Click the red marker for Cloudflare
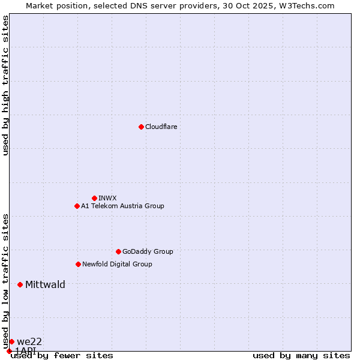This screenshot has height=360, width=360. tap(141, 127)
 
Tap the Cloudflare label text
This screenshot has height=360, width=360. tap(161, 127)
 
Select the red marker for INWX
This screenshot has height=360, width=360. tap(94, 198)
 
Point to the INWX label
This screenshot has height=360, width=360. tap(107, 198)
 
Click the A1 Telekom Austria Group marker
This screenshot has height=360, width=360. tap(77, 206)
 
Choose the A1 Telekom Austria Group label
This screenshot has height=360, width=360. tap(122, 206)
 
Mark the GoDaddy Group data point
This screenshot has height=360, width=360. tap(118, 251)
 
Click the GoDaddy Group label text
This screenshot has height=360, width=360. tap(148, 251)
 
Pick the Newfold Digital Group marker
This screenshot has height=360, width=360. tap(78, 264)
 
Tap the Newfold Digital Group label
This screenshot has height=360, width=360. tap(117, 264)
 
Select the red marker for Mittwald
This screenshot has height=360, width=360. tap(20, 284)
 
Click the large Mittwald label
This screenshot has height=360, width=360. tap(45, 284)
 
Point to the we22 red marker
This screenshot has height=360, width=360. tap(11, 341)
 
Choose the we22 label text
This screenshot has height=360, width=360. tap(29, 341)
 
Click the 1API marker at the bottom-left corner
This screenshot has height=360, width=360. tap(9, 351)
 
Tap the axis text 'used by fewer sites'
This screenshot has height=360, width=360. tap(62, 356)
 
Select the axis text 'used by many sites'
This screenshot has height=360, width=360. tap(301, 356)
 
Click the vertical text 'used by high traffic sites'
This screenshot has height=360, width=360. tap(5, 85)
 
